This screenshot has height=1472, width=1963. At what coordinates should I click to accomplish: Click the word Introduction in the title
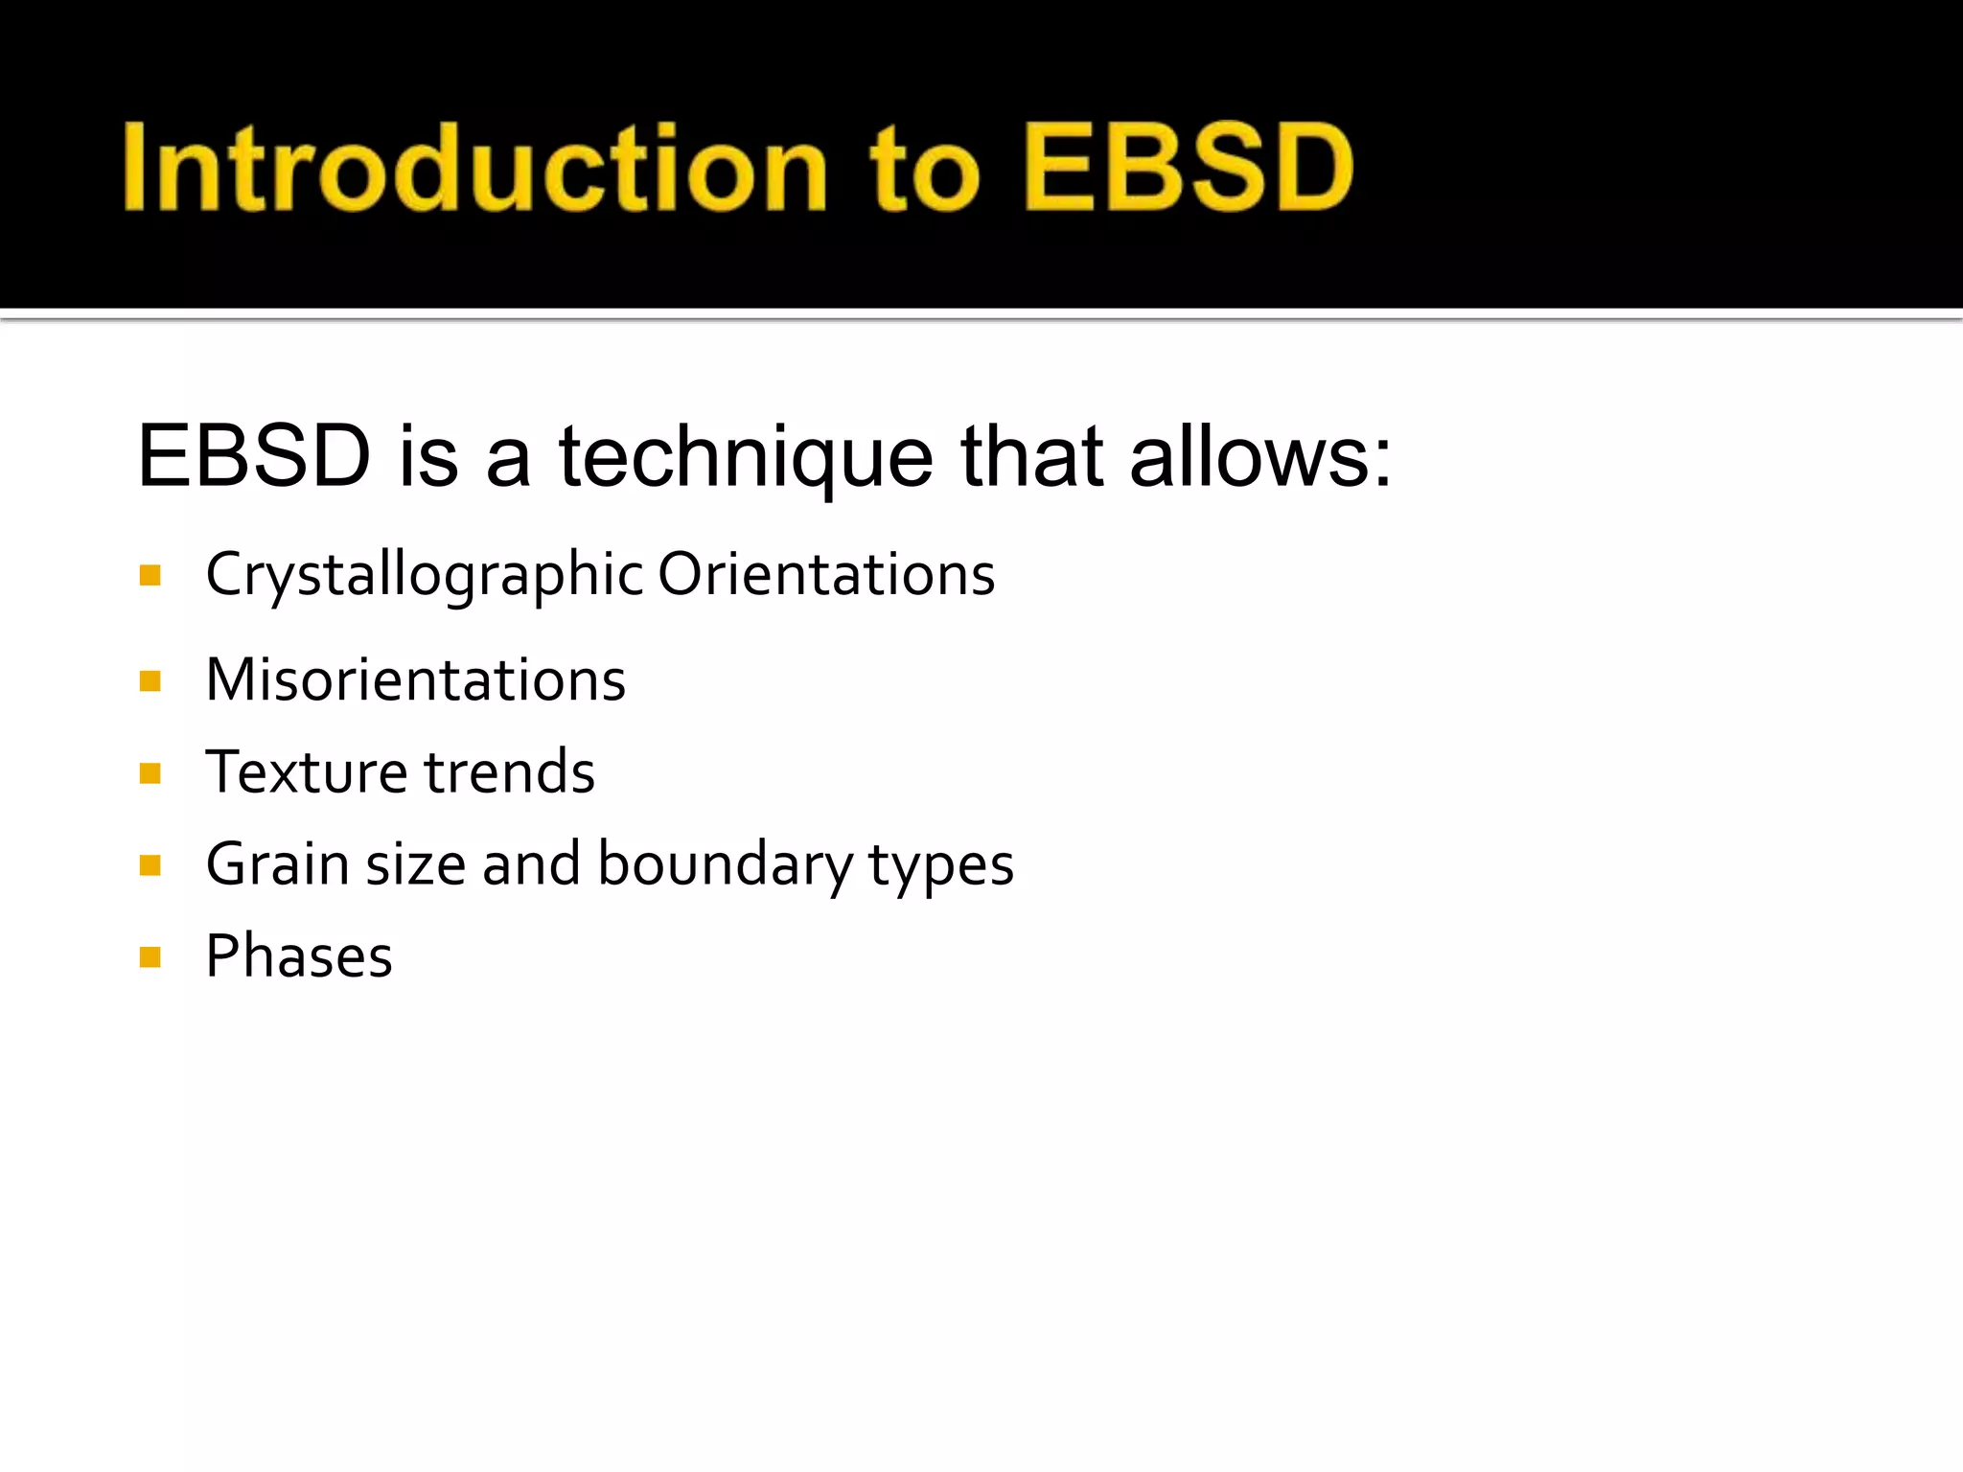(474, 168)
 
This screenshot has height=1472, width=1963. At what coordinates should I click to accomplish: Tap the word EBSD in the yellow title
(1189, 168)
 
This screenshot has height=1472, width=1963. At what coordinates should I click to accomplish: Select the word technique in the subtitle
(746, 457)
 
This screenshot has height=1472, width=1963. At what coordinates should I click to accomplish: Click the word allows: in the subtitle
(1259, 457)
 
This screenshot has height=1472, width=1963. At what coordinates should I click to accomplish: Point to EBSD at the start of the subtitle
(254, 457)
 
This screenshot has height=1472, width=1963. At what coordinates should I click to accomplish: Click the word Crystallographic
(425, 576)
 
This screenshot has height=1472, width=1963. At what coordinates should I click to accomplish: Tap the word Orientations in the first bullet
(826, 575)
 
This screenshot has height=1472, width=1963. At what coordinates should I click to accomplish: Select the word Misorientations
(416, 680)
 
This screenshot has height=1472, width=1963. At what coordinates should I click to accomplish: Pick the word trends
(509, 772)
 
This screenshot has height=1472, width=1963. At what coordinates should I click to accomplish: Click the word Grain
(278, 864)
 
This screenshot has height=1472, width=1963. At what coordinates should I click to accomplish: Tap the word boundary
(724, 864)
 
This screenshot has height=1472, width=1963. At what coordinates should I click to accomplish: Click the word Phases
(299, 956)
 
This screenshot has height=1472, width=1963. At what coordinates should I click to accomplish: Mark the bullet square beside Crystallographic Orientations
(150, 575)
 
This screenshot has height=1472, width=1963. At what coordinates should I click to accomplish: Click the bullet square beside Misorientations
(150, 681)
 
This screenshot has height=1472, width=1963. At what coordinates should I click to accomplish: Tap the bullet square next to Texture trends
(150, 773)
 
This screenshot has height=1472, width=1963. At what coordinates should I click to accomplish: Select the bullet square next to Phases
(150, 957)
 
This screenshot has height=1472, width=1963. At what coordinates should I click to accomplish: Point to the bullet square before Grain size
(150, 866)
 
